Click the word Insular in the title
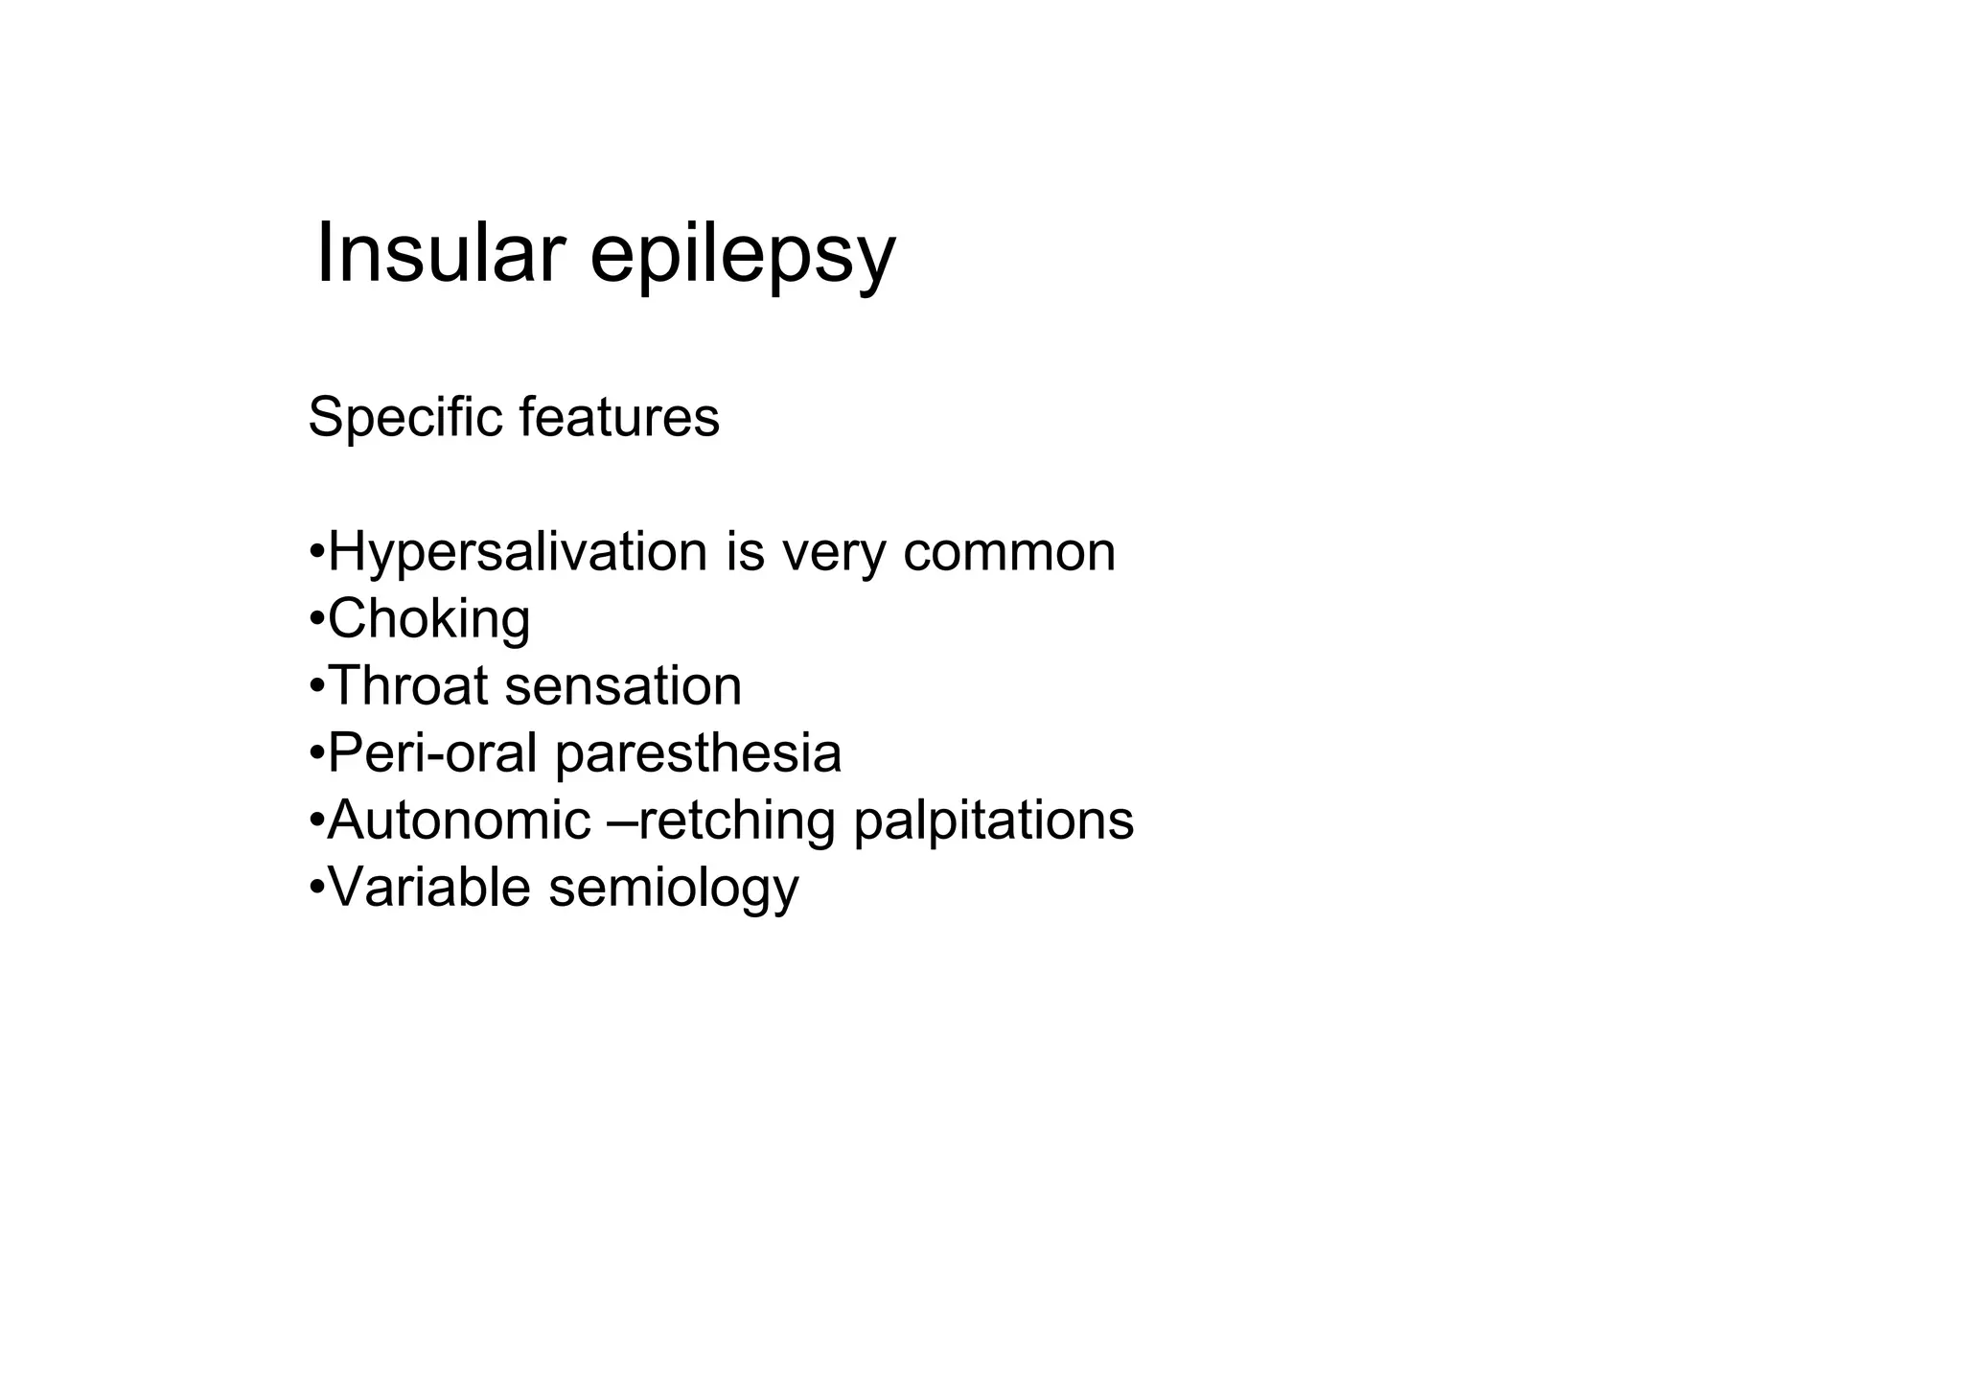point(439,254)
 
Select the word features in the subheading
point(619,418)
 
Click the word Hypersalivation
point(518,554)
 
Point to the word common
point(1008,554)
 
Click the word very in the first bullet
point(833,554)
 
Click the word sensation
point(623,686)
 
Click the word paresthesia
point(698,753)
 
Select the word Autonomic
point(459,821)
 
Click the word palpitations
point(993,821)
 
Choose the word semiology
point(673,889)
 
